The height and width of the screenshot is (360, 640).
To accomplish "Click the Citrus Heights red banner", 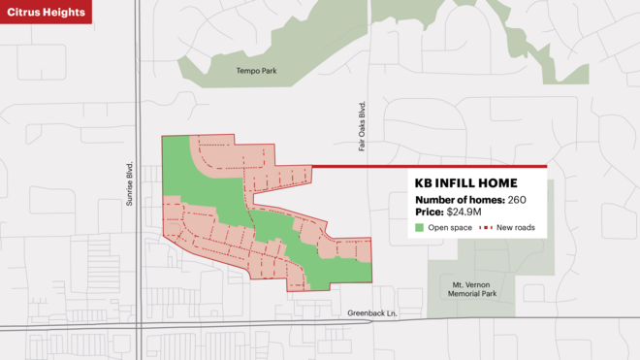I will [x=46, y=12].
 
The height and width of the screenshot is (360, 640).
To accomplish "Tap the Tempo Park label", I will [x=256, y=71].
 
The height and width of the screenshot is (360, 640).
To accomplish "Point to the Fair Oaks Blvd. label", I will [x=362, y=126].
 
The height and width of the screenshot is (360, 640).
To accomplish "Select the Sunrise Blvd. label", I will [x=128, y=183].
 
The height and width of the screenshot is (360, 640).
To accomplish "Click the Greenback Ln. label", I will [x=373, y=313].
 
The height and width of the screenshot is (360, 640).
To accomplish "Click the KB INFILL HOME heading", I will [x=465, y=182].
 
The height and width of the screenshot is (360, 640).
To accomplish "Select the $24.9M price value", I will [x=467, y=212].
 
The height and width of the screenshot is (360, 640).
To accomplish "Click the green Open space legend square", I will [x=420, y=228].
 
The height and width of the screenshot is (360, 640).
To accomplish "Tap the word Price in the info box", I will [x=429, y=212].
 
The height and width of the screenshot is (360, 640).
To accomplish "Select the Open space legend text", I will [x=450, y=228].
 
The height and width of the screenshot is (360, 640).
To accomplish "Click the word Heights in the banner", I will [x=63, y=12].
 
